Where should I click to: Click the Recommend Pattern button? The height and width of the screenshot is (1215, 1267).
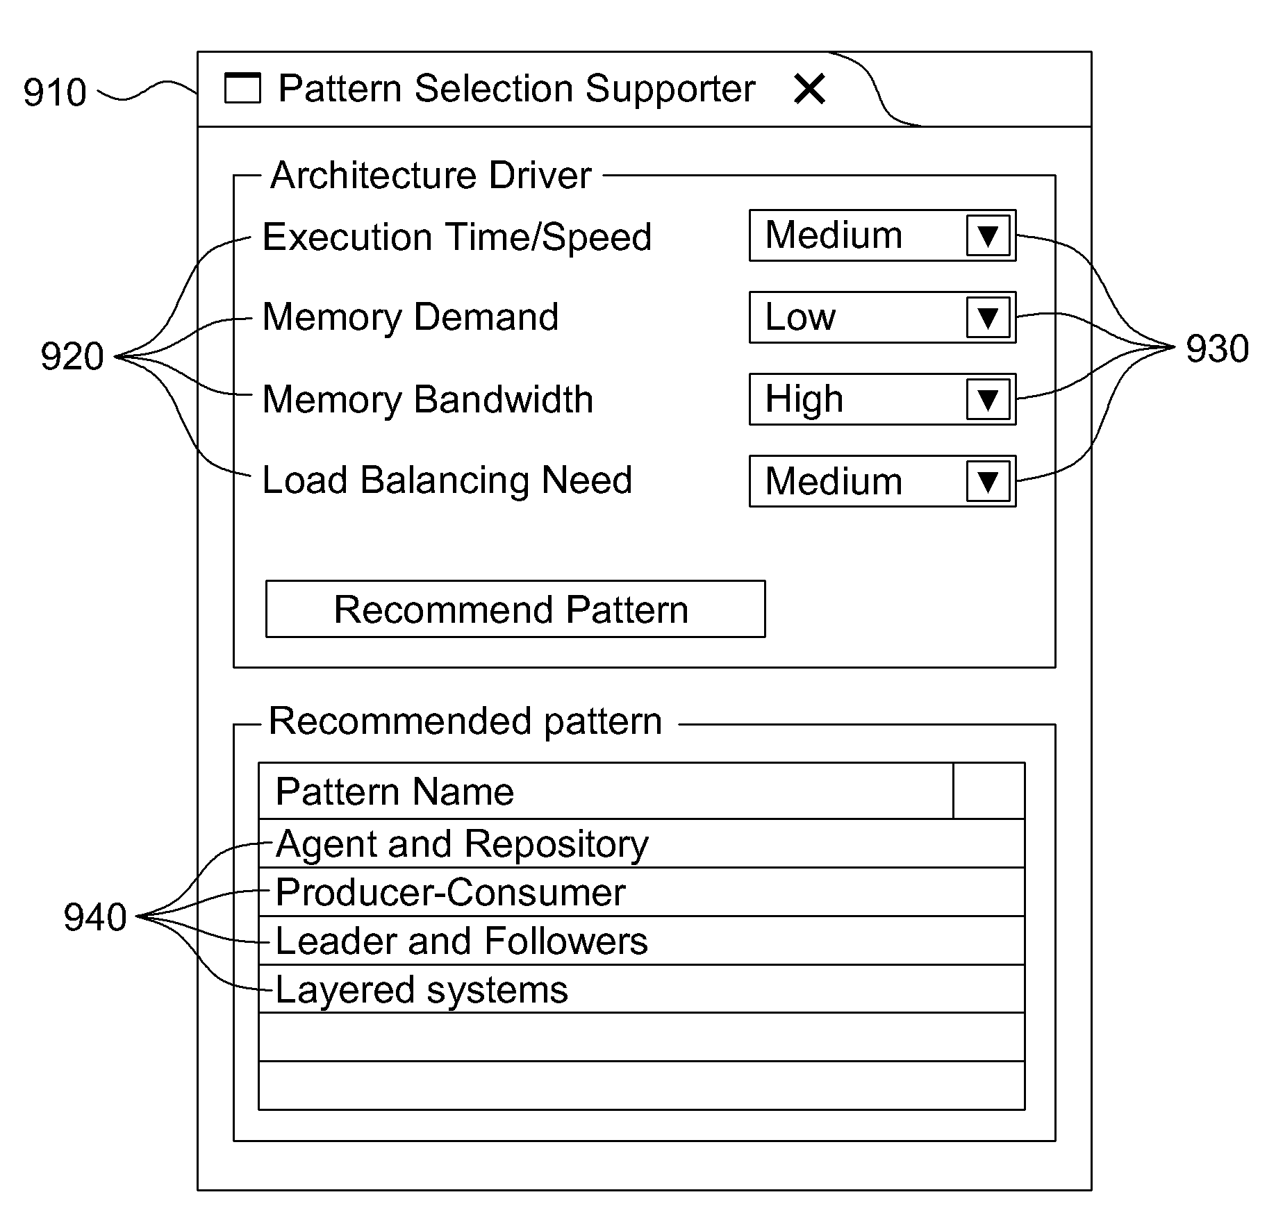(x=515, y=609)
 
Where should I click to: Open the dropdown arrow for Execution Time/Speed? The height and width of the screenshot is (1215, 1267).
(x=988, y=235)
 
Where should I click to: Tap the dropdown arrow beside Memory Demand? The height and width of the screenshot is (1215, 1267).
(x=988, y=317)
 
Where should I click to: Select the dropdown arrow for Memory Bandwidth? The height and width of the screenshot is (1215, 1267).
(x=988, y=399)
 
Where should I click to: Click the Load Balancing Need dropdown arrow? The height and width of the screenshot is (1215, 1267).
(x=988, y=481)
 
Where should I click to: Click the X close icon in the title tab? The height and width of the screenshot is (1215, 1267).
(x=809, y=89)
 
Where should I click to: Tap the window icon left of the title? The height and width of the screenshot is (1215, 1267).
(x=242, y=88)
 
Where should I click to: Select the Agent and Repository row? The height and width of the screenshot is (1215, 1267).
(x=641, y=844)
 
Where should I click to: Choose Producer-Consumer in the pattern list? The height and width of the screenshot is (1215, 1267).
(x=641, y=892)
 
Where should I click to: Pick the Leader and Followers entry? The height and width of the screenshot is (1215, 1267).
(x=641, y=941)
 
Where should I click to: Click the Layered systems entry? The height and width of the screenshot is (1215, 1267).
(x=641, y=989)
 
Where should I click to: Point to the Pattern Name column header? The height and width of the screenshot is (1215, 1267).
(x=395, y=791)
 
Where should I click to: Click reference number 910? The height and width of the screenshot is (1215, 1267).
(x=55, y=92)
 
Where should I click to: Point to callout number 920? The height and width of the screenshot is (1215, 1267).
(x=72, y=356)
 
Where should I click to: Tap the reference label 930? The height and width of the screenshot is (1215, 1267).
(x=1217, y=349)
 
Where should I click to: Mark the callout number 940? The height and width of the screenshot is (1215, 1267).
(x=95, y=916)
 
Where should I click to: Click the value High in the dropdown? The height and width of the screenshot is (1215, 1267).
(x=804, y=399)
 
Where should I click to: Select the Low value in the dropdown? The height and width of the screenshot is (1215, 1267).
(x=800, y=317)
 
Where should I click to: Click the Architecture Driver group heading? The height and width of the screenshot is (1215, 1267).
(x=431, y=175)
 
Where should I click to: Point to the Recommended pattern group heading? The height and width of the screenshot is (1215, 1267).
(x=465, y=721)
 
